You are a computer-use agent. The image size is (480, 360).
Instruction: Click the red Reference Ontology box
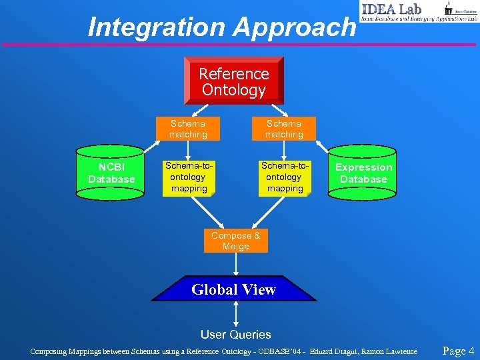pos(233,81)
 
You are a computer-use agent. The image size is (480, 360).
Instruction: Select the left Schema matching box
pos(188,129)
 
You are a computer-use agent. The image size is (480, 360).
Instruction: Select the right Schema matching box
pos(284,129)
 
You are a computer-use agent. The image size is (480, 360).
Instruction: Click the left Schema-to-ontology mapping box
pos(188,177)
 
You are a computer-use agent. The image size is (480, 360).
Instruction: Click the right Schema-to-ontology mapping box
pos(285,177)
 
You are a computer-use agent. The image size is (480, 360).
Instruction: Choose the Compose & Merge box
pos(235,241)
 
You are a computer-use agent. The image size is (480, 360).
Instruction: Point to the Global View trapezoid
pos(233,289)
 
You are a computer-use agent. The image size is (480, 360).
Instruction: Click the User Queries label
pos(236,335)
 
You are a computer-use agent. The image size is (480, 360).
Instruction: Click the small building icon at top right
pos(448,7)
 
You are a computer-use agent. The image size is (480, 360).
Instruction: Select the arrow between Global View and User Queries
pos(236,313)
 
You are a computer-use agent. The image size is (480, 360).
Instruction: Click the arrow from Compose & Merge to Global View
pos(236,264)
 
